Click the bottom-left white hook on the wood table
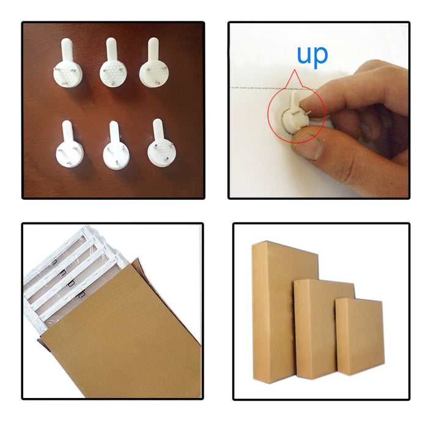(x=69, y=144)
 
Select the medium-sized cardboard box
(x=323, y=329)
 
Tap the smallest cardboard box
(x=360, y=336)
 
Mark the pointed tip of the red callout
(x=294, y=70)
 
